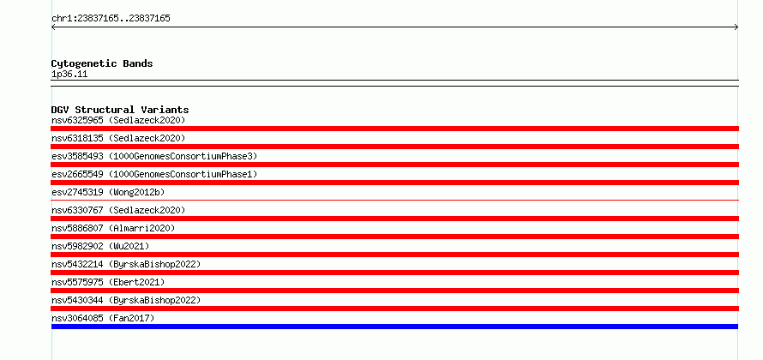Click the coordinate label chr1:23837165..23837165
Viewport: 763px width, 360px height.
pyautogui.click(x=111, y=19)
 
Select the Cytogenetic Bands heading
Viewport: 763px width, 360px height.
pyautogui.click(x=102, y=63)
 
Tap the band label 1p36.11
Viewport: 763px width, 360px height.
pyautogui.click(x=69, y=75)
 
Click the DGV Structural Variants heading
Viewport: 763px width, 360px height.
pyautogui.click(x=120, y=110)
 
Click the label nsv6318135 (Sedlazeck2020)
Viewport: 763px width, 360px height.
pyautogui.click(x=118, y=138)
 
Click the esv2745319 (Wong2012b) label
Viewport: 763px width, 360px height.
pyautogui.click(x=108, y=192)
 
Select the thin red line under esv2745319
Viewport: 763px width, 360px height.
pyautogui.click(x=394, y=200)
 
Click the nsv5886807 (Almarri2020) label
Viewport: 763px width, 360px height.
pyautogui.click(x=113, y=228)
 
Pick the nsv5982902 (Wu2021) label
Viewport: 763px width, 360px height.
pyautogui.click(x=100, y=246)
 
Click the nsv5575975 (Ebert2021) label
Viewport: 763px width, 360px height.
pyautogui.click(x=108, y=282)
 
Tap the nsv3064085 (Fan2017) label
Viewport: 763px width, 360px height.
pyautogui.click(x=103, y=318)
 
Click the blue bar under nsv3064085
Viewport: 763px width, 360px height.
pyautogui.click(x=394, y=327)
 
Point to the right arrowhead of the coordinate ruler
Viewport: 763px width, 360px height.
pyautogui.click(x=736, y=27)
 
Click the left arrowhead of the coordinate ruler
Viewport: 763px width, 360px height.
pyautogui.click(x=53, y=27)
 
